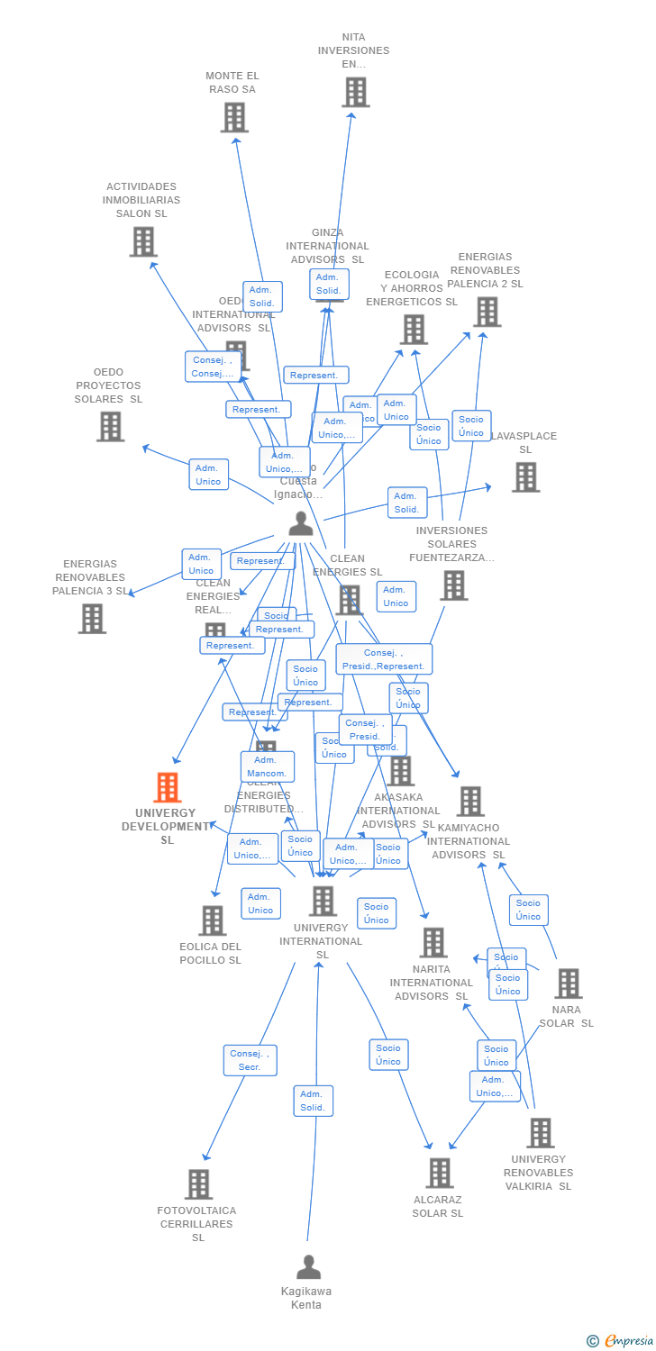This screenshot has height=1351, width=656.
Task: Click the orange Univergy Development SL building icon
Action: [x=168, y=788]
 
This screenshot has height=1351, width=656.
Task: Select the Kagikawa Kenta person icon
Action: [x=308, y=1267]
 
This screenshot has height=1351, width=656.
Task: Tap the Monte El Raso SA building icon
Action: [x=234, y=117]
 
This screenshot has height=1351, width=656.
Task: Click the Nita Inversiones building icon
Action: [x=355, y=92]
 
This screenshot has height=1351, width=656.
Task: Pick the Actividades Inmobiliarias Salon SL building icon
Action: [x=143, y=241]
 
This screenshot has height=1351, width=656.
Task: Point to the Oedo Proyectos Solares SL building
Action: [x=110, y=426]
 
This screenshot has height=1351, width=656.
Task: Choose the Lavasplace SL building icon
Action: [x=525, y=476]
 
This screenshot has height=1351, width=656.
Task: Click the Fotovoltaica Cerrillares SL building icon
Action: [x=198, y=1183]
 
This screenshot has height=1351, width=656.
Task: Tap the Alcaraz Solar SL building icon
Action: [x=440, y=1173]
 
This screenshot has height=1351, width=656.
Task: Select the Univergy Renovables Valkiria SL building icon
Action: [x=540, y=1132]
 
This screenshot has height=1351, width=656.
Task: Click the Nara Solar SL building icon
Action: [x=568, y=984]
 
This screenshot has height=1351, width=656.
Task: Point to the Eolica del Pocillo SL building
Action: [x=213, y=920]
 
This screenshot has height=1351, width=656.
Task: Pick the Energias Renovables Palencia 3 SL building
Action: [x=92, y=619]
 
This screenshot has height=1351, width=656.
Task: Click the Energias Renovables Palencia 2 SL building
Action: [x=487, y=312]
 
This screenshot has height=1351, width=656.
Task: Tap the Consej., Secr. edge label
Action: [x=250, y=1060]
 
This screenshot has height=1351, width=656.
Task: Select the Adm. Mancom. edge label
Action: [x=267, y=766]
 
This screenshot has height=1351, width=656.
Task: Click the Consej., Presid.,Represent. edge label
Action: [x=384, y=659]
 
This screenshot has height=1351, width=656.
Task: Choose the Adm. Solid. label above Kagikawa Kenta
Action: [x=313, y=1101]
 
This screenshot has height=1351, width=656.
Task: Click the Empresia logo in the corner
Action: [x=621, y=1340]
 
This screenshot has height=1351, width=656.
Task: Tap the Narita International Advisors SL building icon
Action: [x=433, y=943]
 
